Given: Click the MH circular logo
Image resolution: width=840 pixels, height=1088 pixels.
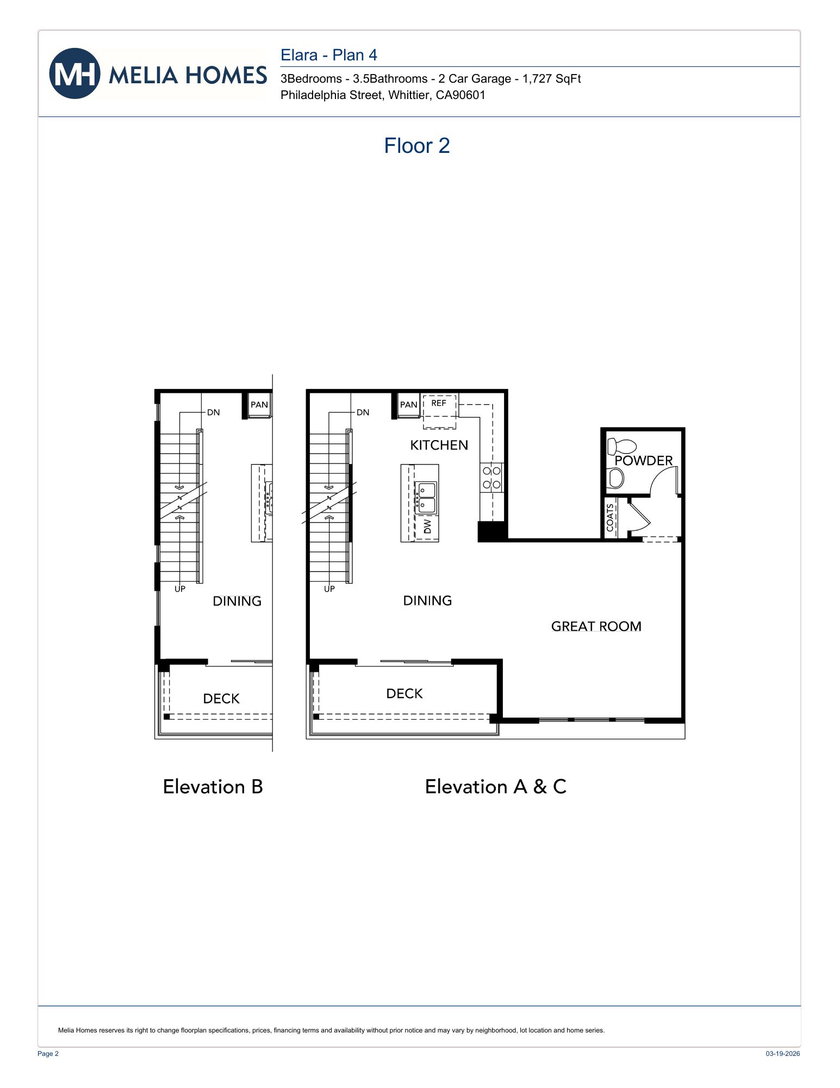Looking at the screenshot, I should (x=74, y=73).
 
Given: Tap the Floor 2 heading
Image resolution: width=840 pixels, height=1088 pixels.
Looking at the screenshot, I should (x=416, y=146).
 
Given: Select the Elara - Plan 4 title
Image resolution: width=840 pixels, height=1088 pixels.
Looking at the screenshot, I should (x=328, y=55).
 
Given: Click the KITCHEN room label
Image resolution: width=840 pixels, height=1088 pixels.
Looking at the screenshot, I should (x=439, y=446).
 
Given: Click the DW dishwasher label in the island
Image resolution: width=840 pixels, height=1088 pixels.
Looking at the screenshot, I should (x=427, y=526).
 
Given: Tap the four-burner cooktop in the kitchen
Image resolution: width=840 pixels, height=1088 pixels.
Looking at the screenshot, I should (x=491, y=478).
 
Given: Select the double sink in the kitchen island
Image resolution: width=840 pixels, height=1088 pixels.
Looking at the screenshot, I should (x=426, y=497).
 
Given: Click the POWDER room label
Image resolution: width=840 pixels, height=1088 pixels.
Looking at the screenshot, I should (x=643, y=461).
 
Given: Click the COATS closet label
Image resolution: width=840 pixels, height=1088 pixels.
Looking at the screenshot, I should (x=610, y=517).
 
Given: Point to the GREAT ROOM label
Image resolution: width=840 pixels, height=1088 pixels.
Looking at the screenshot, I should (x=596, y=626).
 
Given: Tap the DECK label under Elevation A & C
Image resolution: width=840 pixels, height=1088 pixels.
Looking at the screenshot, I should (x=404, y=694).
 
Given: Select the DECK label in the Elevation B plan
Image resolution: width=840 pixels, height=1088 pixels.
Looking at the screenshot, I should (x=221, y=698).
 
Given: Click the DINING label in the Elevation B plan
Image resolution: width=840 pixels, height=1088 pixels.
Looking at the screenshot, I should (x=237, y=601).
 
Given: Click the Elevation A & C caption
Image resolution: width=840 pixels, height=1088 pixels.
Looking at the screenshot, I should (x=495, y=787).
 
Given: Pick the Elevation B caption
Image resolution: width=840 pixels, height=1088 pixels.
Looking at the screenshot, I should (x=213, y=787).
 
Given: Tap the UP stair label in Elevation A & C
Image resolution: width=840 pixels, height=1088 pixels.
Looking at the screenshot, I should (x=329, y=589).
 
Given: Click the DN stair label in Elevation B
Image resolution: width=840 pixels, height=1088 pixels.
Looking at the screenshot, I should (x=213, y=412).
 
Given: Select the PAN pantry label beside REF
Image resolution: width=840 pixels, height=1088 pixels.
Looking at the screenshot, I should (x=408, y=405).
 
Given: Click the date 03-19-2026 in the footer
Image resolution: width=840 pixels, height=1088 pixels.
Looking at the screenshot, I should (x=782, y=1054).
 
